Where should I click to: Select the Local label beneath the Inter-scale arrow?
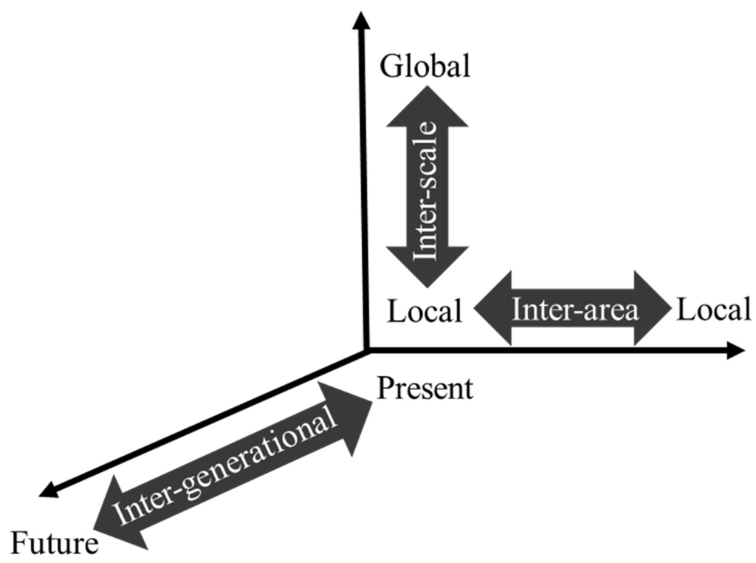coord(425,311)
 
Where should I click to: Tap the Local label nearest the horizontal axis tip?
coord(713,310)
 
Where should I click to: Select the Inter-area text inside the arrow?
coord(574,309)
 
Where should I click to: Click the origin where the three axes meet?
coord(365,349)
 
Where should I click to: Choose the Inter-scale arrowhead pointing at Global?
coord(427,103)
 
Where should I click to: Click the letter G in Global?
coord(390,66)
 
